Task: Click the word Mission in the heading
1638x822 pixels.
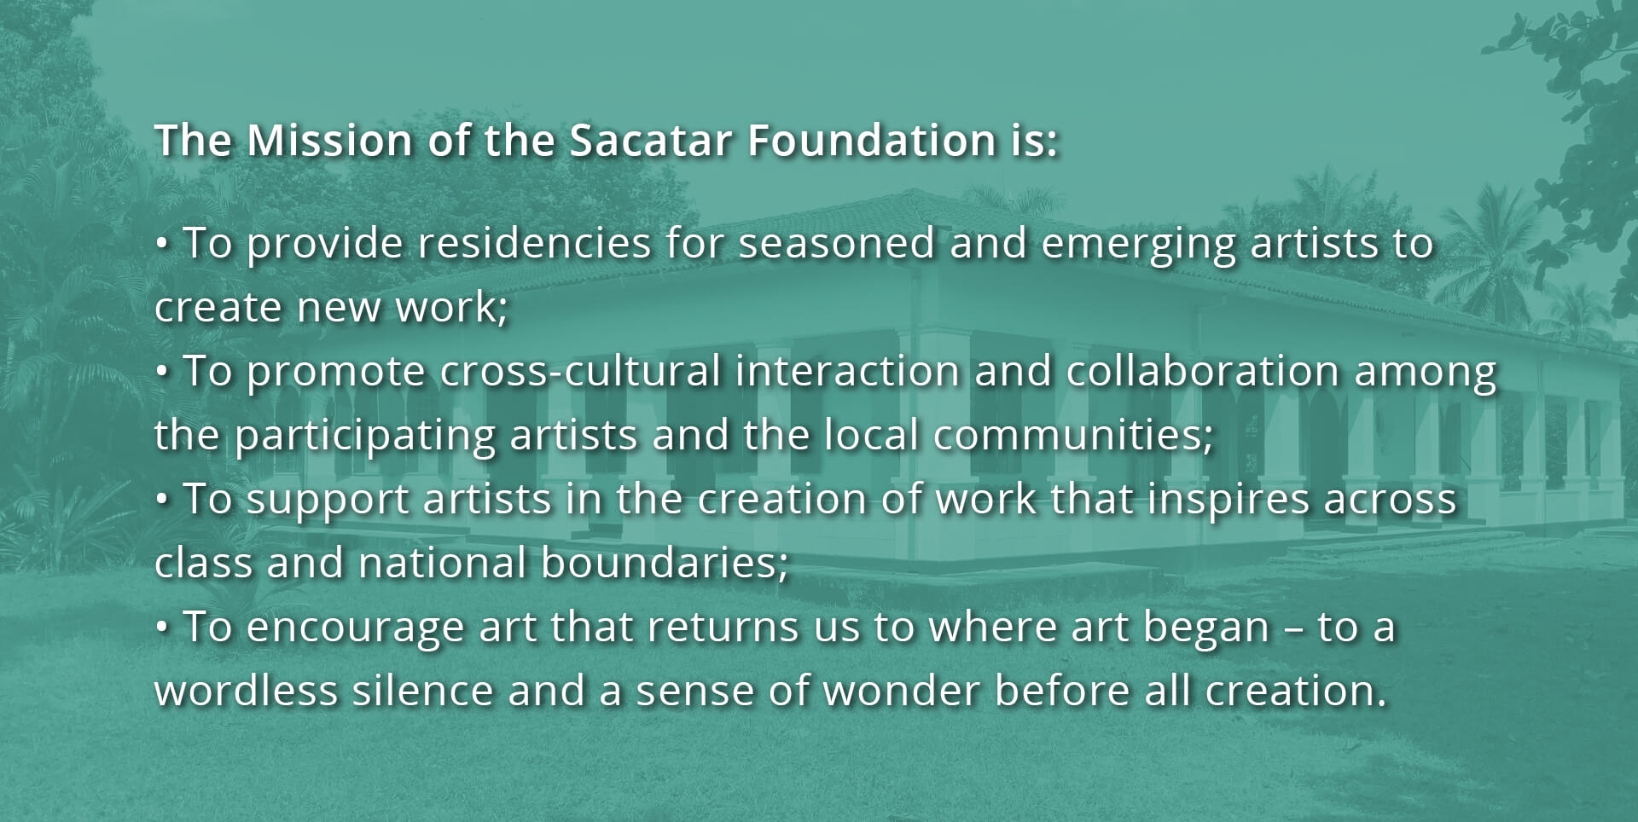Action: [329, 141]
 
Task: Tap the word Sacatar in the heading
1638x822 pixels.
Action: [651, 141]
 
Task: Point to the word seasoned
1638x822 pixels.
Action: [836, 243]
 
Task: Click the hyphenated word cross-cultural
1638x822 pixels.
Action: [581, 371]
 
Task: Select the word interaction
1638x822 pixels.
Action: [847, 371]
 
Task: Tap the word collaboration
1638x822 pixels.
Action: [1203, 371]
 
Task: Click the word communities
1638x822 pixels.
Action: [1072, 436]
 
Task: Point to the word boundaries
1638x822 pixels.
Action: [665, 564]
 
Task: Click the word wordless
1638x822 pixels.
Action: [247, 691]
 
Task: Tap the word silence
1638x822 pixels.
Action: [422, 691]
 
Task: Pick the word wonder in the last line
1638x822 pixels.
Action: [901, 691]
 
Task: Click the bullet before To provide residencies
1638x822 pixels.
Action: [162, 245]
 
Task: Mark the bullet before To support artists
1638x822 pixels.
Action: [162, 501]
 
